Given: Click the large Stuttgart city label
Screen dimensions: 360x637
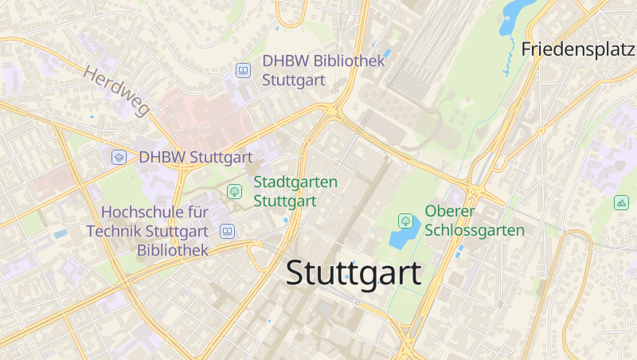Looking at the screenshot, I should [354, 273].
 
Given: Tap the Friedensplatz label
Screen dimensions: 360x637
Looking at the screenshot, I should [579, 49].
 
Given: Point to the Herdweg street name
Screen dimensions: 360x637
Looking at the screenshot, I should [116, 89].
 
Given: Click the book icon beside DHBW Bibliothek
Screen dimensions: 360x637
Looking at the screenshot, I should [243, 72].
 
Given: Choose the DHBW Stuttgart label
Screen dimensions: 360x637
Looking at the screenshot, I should [195, 157].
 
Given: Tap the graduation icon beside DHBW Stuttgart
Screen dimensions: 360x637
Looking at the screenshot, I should [119, 157].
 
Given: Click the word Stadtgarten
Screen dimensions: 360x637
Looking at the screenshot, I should [295, 182].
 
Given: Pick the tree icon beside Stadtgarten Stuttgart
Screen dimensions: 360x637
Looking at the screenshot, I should [234, 191].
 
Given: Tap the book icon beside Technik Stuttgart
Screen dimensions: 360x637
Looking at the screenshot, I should [228, 231].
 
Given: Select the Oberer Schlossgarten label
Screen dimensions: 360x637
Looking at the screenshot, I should [475, 221].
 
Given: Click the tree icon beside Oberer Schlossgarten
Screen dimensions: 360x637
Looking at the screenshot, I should [405, 220].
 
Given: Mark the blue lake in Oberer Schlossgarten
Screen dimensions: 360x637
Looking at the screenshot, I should [403, 236].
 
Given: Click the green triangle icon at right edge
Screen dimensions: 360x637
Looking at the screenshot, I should [621, 202].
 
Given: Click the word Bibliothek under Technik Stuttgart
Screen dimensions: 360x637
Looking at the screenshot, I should [172, 250].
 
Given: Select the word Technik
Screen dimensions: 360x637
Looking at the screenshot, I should [117, 231].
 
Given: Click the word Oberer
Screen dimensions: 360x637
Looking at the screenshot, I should [450, 211].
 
